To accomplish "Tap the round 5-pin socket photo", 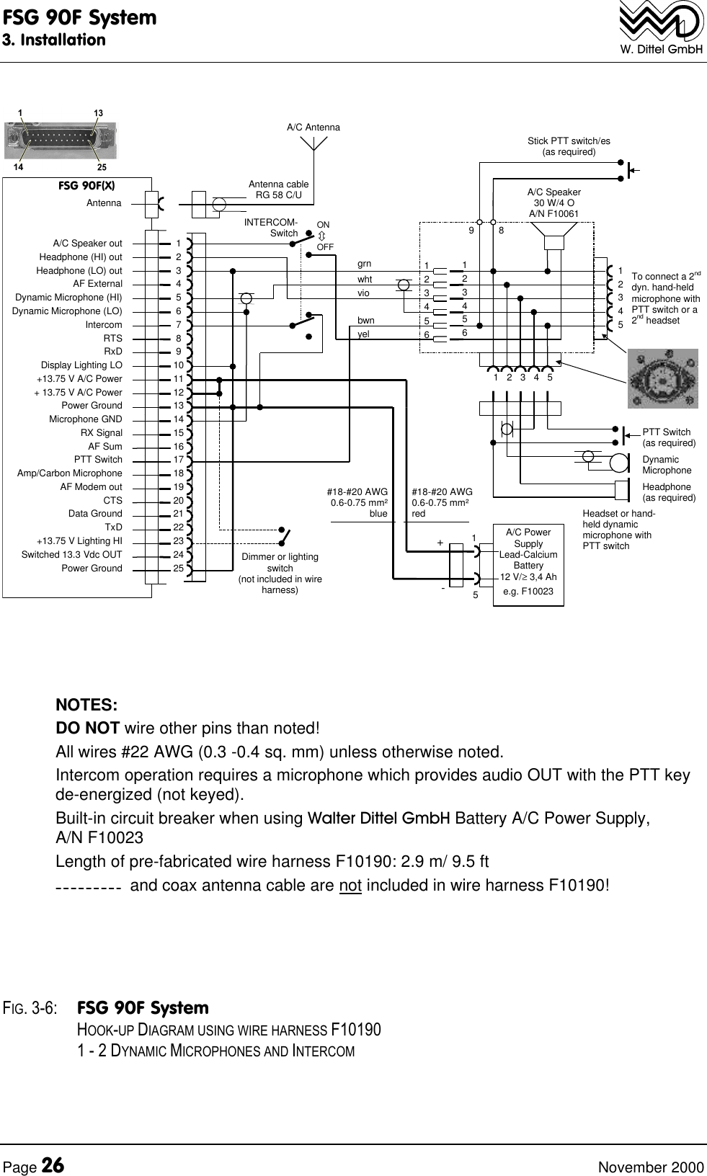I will pos(662,379).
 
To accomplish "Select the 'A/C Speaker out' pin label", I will pos(87,244).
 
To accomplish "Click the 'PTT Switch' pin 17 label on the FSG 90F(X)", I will pos(98,460).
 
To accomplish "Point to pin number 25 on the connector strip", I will pos(178,569).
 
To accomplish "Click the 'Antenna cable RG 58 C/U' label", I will pos(278,190).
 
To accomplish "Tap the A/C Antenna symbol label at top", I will pos(313,128).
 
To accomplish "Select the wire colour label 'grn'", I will pos(364,264).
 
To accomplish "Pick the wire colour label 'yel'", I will pos(363,334).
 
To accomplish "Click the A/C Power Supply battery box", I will pos(528,565).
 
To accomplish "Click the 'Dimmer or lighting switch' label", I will pos(280,574).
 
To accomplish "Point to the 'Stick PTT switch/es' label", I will pos(569,146).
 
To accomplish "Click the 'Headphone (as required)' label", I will pos(668,492).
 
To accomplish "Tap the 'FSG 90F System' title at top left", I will pos(79,17).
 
